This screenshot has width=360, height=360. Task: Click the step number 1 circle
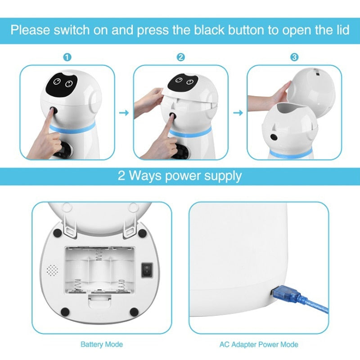coord(67,58)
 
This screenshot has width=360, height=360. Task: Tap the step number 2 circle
coord(181,58)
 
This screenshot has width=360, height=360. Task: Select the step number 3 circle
coord(294,58)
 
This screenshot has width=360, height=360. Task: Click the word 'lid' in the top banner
coord(340,31)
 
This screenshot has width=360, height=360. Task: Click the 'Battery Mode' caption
coord(102,345)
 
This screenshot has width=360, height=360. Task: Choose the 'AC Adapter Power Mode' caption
coord(259,345)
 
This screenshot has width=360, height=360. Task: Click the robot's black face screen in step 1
coord(62,84)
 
